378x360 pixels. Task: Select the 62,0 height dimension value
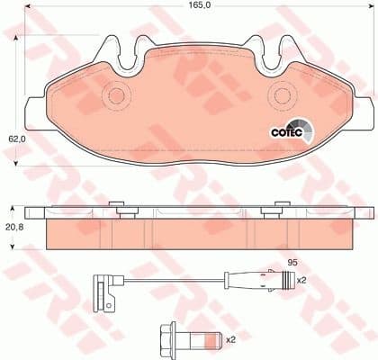(15, 139)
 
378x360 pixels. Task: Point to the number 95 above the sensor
(292, 263)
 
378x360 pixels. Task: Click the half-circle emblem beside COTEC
(305, 130)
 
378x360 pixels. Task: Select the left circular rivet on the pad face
(116, 94)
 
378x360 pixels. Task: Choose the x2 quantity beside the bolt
(229, 339)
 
